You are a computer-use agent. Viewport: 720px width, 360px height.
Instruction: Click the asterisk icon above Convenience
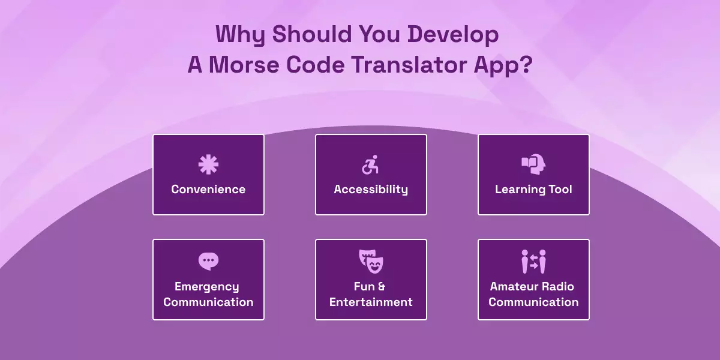pos(208,164)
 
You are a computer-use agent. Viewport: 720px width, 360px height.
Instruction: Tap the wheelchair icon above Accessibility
pos(371,164)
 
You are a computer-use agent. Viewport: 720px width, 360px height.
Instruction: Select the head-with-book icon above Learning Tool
pos(533,164)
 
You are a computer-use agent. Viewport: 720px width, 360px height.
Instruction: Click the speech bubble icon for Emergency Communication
pos(208,260)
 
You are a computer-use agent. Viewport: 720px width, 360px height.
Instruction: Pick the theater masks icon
pos(370,260)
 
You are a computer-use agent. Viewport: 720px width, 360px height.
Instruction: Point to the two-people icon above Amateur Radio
pos(533,262)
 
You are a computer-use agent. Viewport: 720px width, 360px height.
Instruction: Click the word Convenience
pos(208,190)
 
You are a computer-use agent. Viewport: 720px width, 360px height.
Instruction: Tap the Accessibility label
pos(371,190)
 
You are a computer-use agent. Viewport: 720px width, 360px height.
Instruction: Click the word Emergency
pos(207,287)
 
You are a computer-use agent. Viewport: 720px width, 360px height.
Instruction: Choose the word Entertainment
pos(371,302)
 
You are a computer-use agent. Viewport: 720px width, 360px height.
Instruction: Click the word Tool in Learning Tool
pos(560,190)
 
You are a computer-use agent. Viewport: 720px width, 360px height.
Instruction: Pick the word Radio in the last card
pos(558,286)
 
